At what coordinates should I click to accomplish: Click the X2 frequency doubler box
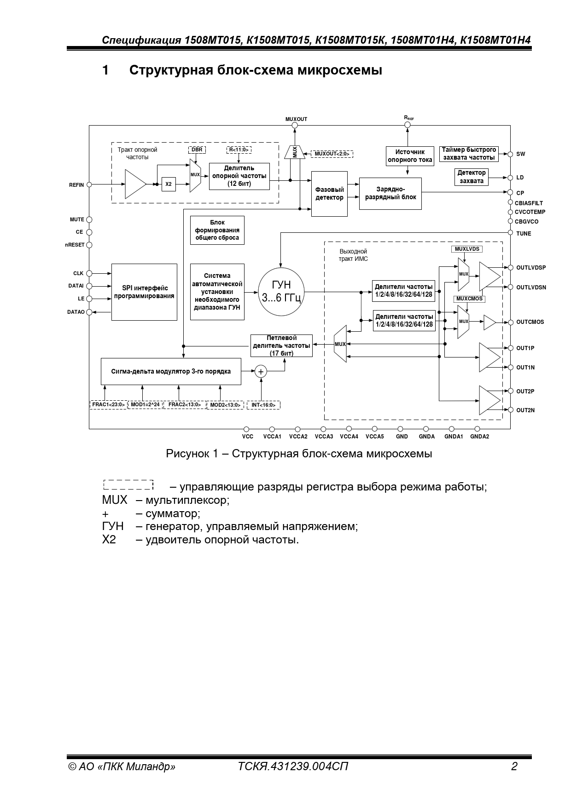[x=169, y=184]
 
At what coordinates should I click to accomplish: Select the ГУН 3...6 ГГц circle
[x=281, y=291]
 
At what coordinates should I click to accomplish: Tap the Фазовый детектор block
[x=329, y=194]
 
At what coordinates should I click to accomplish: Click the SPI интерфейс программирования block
[x=144, y=292]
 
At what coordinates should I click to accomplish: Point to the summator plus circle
[x=261, y=371]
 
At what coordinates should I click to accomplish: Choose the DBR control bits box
[x=197, y=150]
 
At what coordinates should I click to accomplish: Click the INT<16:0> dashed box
[x=263, y=405]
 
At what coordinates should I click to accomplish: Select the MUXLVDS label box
[x=467, y=249]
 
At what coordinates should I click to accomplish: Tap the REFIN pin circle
[x=89, y=184]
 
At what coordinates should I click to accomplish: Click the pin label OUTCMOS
[x=530, y=322]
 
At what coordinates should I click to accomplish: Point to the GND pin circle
[x=402, y=429]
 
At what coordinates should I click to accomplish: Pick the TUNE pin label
[x=524, y=234]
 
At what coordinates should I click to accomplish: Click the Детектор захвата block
[x=471, y=177]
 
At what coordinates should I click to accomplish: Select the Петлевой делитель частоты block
[x=281, y=345]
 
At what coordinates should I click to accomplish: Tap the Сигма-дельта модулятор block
[x=171, y=371]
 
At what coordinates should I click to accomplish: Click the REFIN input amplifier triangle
[x=134, y=184]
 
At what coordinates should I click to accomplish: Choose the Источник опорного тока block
[x=409, y=156]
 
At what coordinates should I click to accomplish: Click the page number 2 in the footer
[x=514, y=766]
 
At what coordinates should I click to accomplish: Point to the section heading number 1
[x=105, y=70]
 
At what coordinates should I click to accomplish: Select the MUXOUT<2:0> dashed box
[x=332, y=154]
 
